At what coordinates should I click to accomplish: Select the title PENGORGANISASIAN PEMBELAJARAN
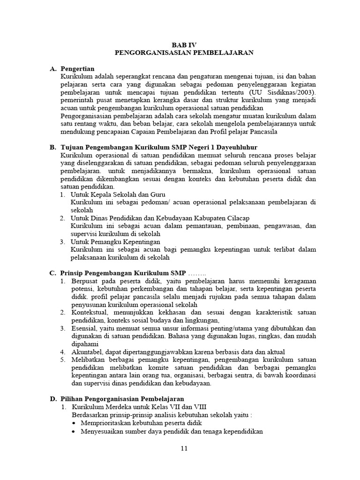tap(184, 53)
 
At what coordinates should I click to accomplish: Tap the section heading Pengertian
tap(77, 69)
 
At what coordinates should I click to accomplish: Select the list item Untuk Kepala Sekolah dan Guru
tap(118, 194)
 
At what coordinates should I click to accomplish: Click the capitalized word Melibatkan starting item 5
tap(87, 360)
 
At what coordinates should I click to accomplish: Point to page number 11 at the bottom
tap(184, 449)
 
